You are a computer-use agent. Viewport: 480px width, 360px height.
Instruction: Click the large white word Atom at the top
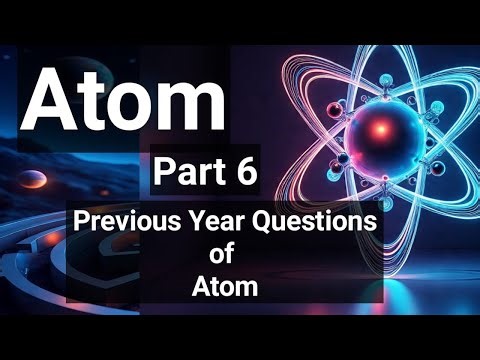pos(126,97)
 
